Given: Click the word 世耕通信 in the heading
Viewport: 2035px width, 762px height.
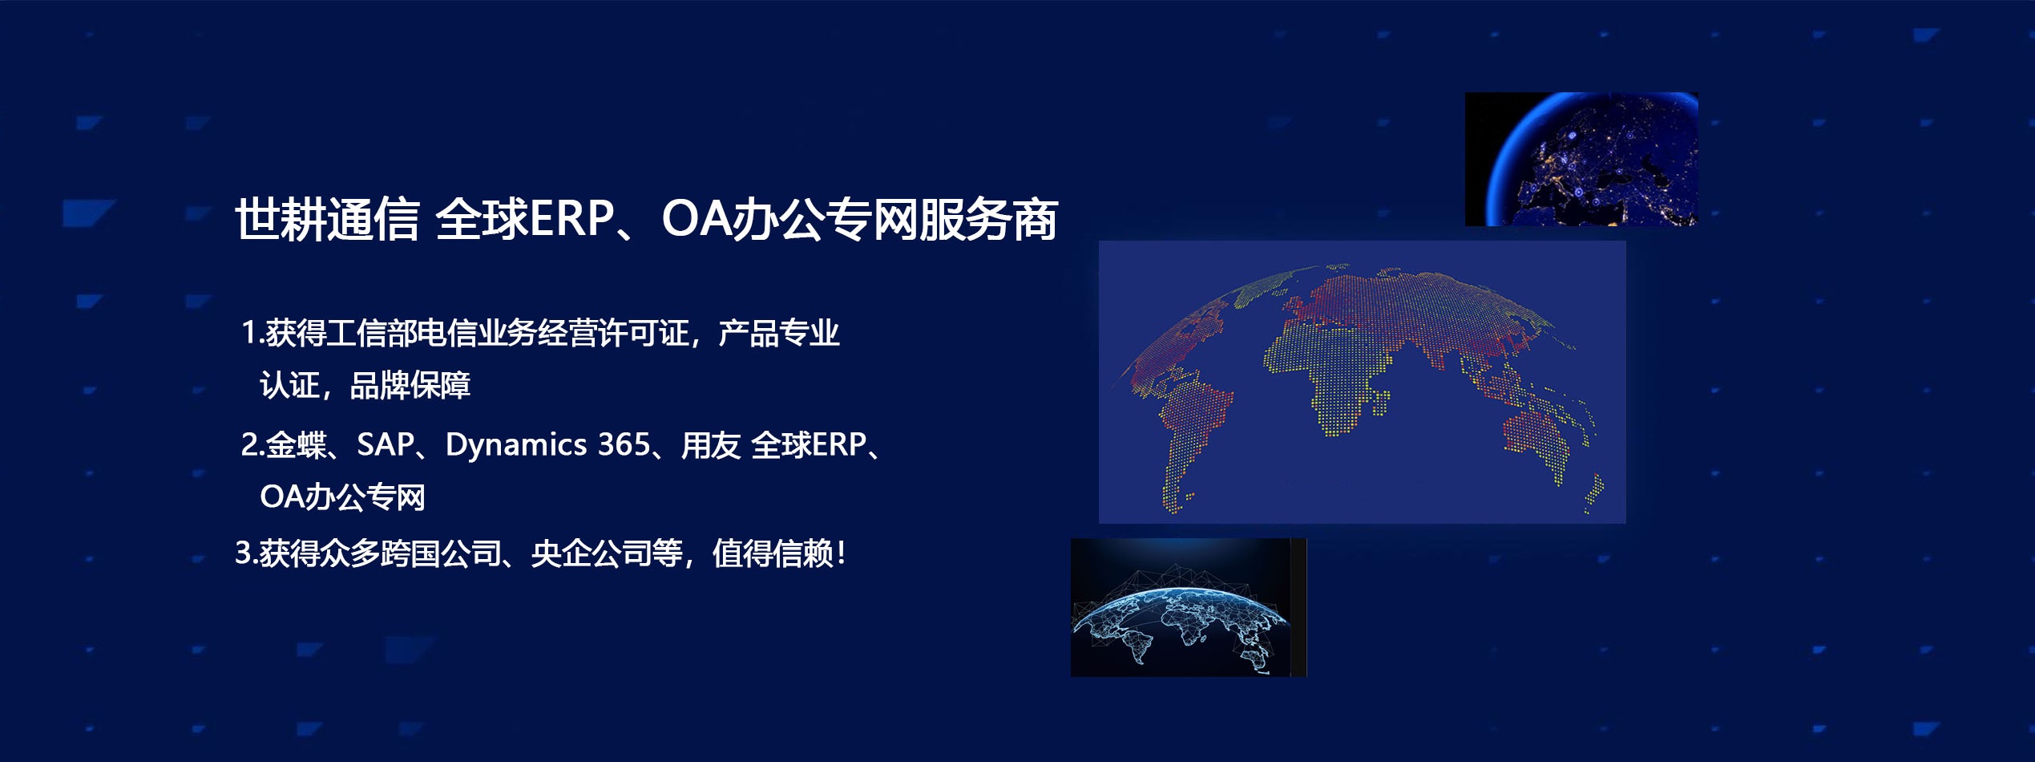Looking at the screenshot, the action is [x=327, y=219].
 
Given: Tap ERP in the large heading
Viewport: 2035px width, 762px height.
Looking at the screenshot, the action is [x=571, y=219].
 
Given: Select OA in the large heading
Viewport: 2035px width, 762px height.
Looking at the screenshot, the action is [x=696, y=219].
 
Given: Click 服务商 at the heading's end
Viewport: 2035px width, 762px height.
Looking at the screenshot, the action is [x=988, y=219].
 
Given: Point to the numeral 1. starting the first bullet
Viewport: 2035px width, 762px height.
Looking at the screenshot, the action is [x=252, y=333].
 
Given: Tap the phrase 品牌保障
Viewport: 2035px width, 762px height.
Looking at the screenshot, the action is [x=410, y=386].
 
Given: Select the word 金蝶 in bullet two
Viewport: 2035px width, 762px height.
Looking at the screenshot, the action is [x=296, y=444].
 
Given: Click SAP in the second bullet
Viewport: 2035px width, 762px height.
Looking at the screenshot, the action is [x=386, y=444].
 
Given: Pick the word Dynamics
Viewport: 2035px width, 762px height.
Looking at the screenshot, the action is [x=516, y=445].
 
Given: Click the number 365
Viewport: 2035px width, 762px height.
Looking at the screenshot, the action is [x=624, y=444].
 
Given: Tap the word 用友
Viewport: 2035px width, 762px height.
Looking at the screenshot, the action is [x=711, y=444].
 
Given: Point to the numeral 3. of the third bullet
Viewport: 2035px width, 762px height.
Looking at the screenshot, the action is [x=246, y=553].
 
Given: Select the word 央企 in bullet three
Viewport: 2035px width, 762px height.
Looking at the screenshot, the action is [x=561, y=553].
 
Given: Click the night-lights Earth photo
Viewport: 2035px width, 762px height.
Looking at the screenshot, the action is [x=1581, y=159].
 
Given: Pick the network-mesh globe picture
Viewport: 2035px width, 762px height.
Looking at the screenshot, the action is [x=1189, y=607].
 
